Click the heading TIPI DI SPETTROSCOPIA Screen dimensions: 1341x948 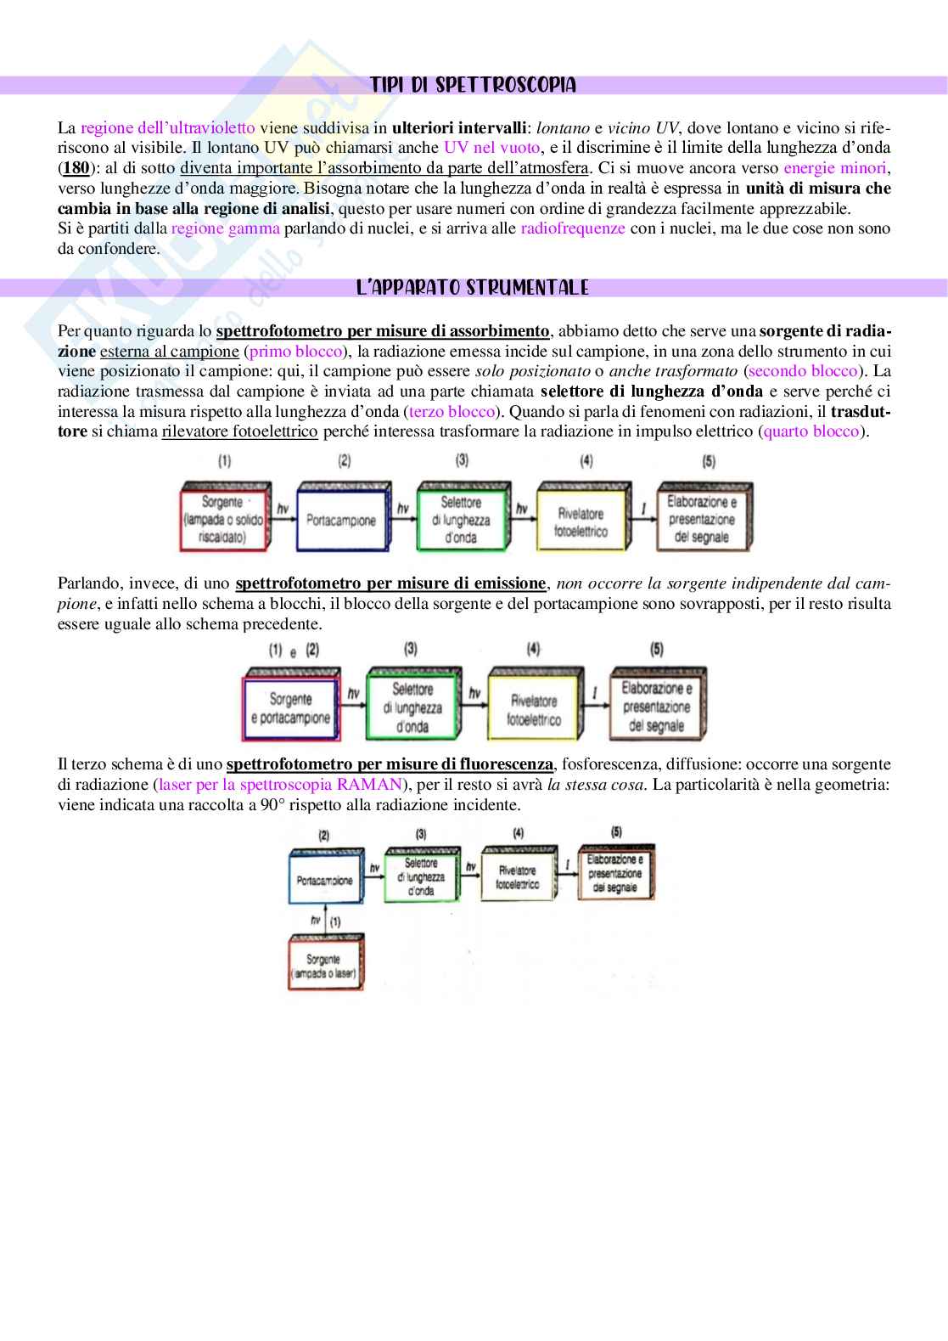pos(473,85)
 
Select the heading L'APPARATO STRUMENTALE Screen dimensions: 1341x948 pos(473,288)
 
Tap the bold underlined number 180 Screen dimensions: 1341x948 pos(76,168)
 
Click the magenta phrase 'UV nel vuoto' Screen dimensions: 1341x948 pos(491,148)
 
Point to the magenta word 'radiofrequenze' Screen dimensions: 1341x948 pos(573,228)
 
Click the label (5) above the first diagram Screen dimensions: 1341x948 pos(708,461)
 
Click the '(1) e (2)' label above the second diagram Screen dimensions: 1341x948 pos(294,651)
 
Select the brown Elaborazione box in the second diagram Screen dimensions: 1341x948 pos(656,707)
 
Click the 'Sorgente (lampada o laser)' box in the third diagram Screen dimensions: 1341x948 pos(324,966)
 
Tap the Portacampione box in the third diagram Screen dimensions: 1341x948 pos(324,880)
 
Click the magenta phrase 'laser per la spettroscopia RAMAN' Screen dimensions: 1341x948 pos(280,785)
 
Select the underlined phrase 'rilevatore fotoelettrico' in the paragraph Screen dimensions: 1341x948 pos(240,431)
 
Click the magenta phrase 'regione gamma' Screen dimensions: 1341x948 pos(225,228)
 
